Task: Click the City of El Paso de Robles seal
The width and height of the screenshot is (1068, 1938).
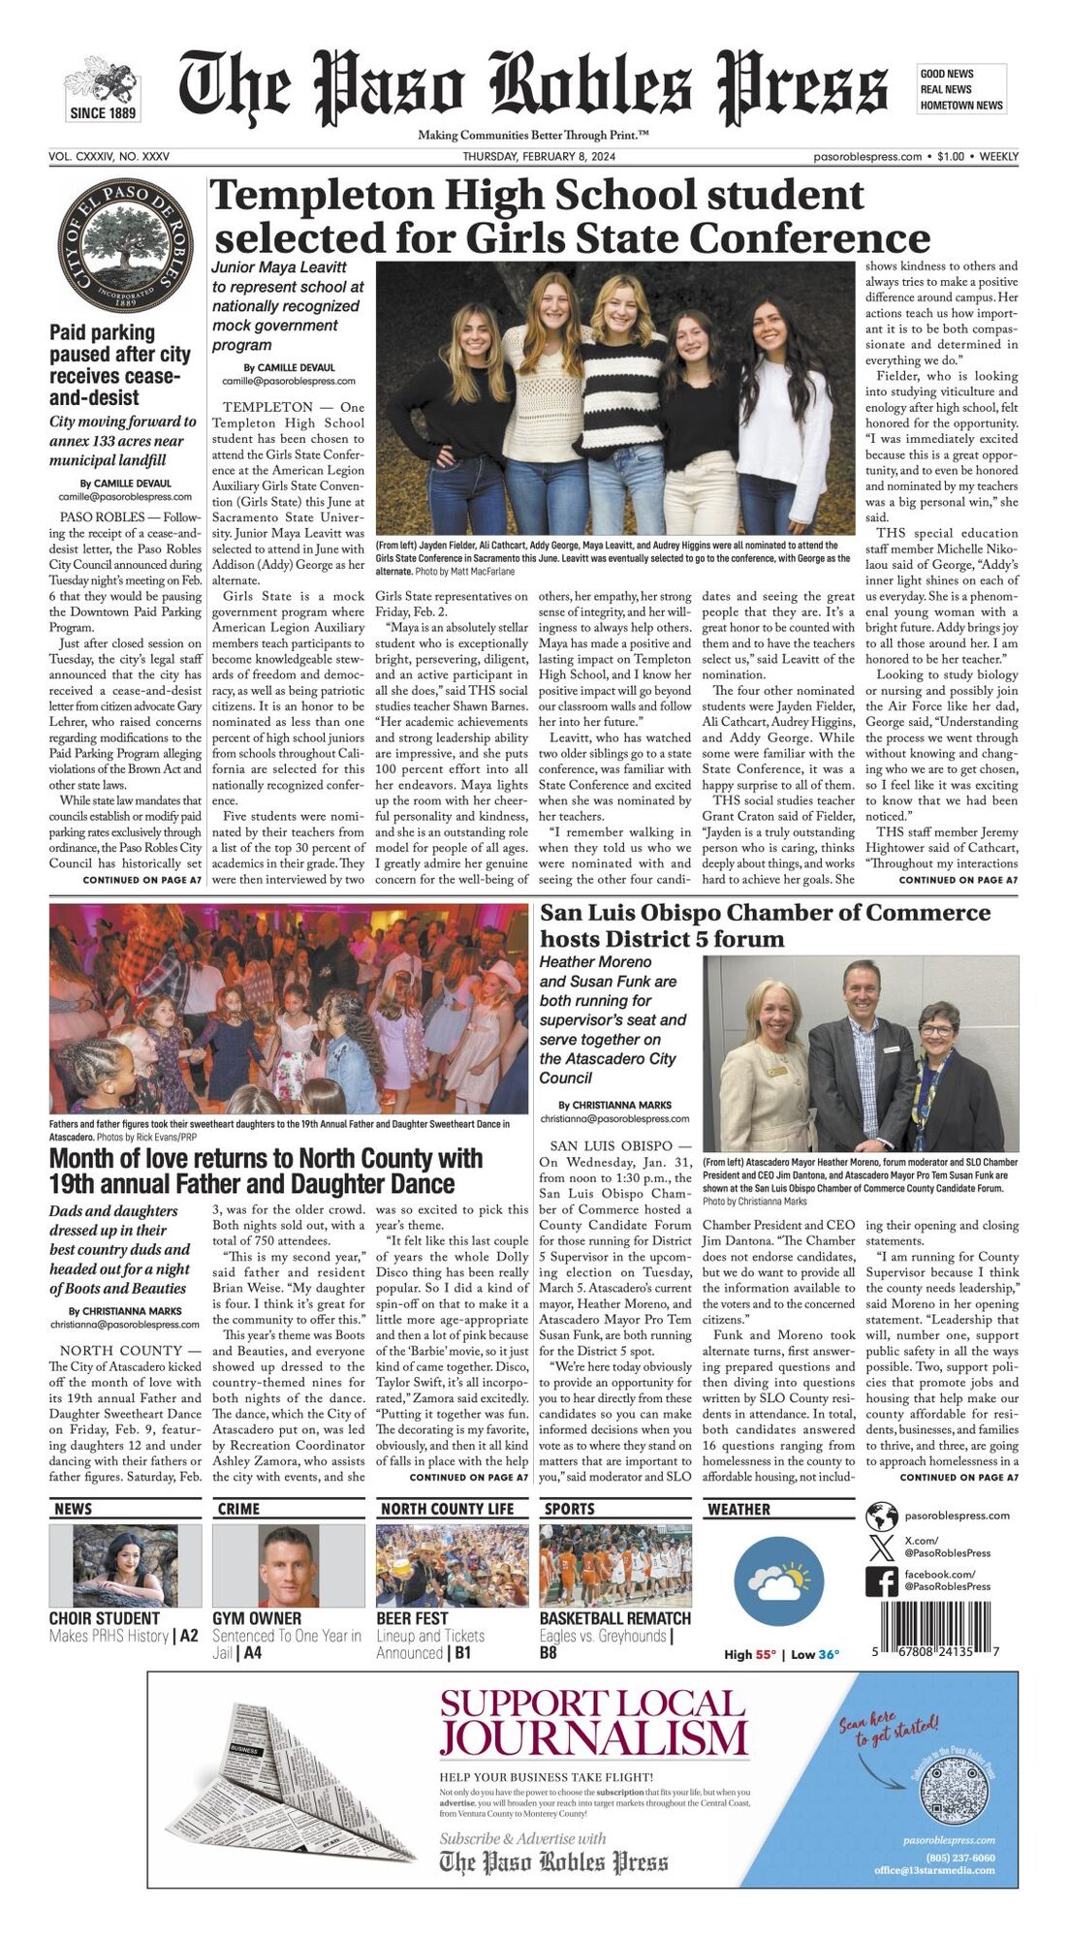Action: [x=125, y=245]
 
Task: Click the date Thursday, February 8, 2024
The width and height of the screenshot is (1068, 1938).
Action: [x=539, y=156]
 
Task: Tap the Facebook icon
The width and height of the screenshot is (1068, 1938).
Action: [x=881, y=1580]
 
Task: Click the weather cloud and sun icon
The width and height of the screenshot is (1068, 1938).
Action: [x=778, y=1580]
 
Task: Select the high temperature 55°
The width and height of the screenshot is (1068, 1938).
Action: [x=766, y=1654]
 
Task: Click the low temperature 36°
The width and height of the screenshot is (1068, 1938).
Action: [x=828, y=1654]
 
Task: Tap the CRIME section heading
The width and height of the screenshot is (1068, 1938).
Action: [x=238, y=1509]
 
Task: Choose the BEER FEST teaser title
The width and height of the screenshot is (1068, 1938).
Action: [x=412, y=1618]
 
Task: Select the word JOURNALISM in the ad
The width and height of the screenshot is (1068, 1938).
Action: [x=593, y=1738]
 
